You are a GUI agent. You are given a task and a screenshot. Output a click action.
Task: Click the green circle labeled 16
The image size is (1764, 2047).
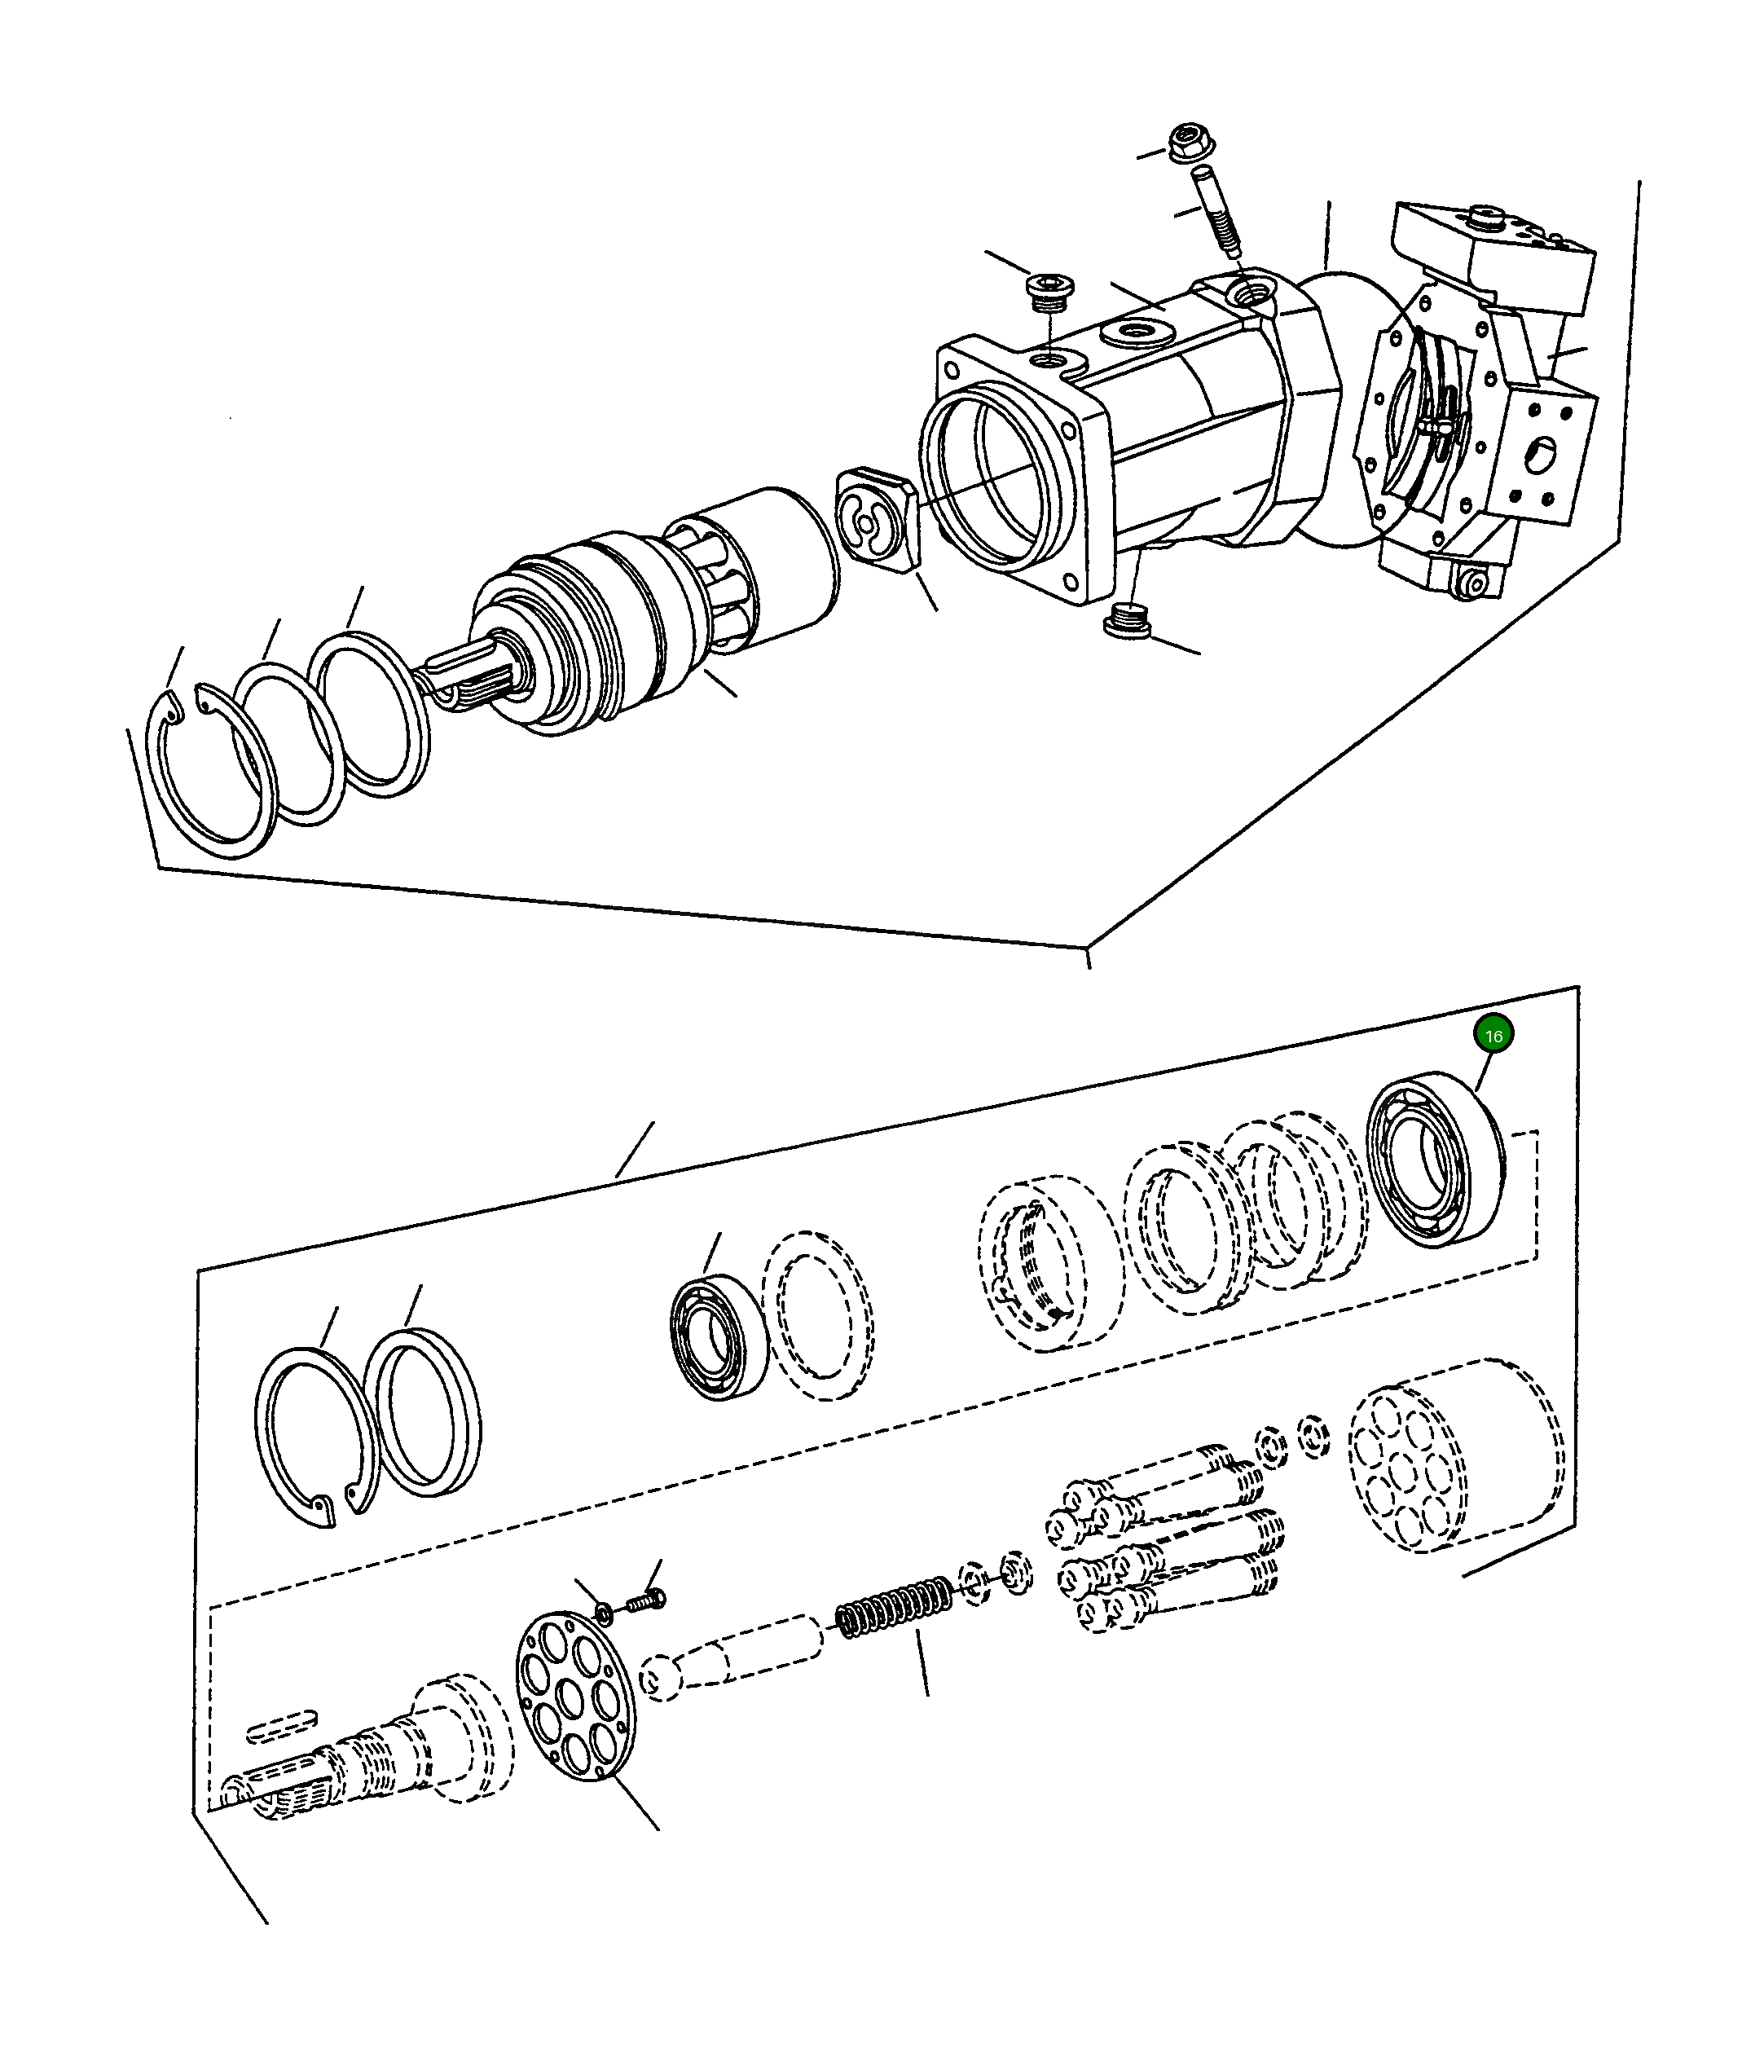pos(1493,1037)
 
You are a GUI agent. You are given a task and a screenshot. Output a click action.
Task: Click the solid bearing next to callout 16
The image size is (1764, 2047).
pos(1435,1158)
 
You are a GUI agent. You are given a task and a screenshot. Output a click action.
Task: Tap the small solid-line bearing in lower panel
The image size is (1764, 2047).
pos(719,1338)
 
